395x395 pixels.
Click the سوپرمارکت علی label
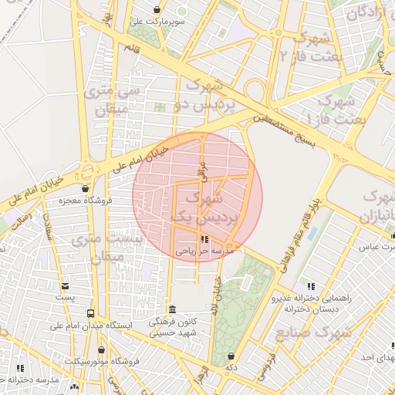[158, 22]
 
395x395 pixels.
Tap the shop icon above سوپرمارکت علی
[158, 10]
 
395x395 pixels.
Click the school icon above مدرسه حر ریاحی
[204, 239]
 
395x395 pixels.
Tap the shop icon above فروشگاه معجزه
[85, 188]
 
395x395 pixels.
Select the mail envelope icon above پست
[66, 285]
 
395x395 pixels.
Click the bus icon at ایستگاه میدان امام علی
[92, 314]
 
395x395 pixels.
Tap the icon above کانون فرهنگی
[172, 309]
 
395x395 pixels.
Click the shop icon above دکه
[231, 356]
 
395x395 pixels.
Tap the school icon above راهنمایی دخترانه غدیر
[311, 286]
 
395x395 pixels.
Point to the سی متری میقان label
[116, 100]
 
